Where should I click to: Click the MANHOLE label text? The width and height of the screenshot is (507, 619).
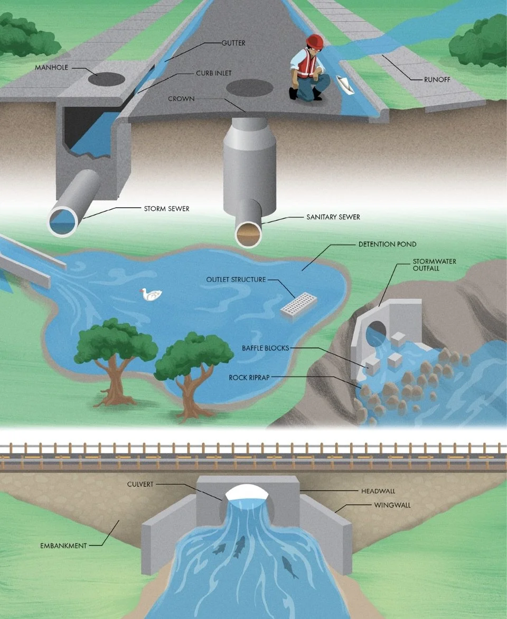coord(52,68)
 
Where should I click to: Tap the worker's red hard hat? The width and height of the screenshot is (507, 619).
coord(315,41)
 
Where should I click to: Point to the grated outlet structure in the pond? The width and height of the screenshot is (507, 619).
coord(298,306)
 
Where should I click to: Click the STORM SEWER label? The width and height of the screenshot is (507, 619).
coord(166,209)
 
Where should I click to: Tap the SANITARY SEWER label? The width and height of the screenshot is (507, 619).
coord(333,217)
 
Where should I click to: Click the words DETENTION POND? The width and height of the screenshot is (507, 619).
coord(387,244)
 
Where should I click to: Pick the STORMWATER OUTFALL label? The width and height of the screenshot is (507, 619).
coord(434,265)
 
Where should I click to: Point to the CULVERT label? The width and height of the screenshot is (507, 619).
coord(140,484)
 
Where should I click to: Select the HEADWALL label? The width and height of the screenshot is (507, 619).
coord(378,491)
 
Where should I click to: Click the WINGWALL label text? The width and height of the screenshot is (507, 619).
coord(392,505)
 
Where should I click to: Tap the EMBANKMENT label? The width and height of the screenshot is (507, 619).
coord(63,546)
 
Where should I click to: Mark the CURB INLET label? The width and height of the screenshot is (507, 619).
coord(213,73)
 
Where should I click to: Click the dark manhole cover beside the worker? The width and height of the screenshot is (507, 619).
coord(249,88)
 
